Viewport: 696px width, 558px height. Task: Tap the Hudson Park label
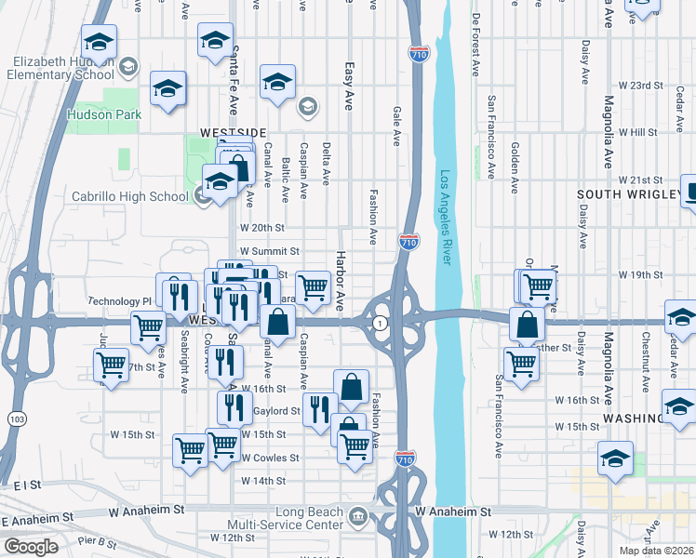coord(104,115)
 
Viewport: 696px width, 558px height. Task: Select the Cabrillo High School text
coord(130,196)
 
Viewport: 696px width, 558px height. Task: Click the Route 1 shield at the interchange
coord(381,323)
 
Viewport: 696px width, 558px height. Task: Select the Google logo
coord(32,546)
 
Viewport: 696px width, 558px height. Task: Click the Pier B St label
coord(99,541)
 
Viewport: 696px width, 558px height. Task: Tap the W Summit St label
coord(269,251)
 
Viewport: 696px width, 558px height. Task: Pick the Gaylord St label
coord(280,410)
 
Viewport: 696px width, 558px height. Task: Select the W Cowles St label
coord(270,458)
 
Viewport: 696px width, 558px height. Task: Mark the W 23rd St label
coord(641,86)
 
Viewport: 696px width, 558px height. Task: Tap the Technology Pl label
coord(119,301)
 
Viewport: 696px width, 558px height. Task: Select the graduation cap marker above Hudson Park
coord(168,87)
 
